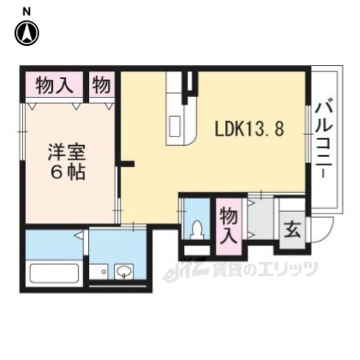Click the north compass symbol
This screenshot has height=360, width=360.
26,33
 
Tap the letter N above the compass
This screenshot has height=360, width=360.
26,12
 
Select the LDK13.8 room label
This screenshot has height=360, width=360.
249,129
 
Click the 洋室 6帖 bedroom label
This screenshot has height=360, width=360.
67,162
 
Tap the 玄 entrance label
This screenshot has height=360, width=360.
292,229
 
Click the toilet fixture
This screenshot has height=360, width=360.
197,229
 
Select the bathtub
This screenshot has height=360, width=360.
55,273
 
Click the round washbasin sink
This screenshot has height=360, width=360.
124,271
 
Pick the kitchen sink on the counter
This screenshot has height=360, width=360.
175,127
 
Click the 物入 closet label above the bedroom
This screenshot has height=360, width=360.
55,85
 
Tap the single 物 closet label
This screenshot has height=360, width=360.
101,85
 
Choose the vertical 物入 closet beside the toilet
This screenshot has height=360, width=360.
229,226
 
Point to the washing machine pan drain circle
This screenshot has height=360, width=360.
103,272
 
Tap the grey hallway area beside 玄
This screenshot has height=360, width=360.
261,219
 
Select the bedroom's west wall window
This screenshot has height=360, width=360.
22,132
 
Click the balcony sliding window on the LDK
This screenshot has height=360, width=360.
308,134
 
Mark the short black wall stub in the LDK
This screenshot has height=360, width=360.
128,164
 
